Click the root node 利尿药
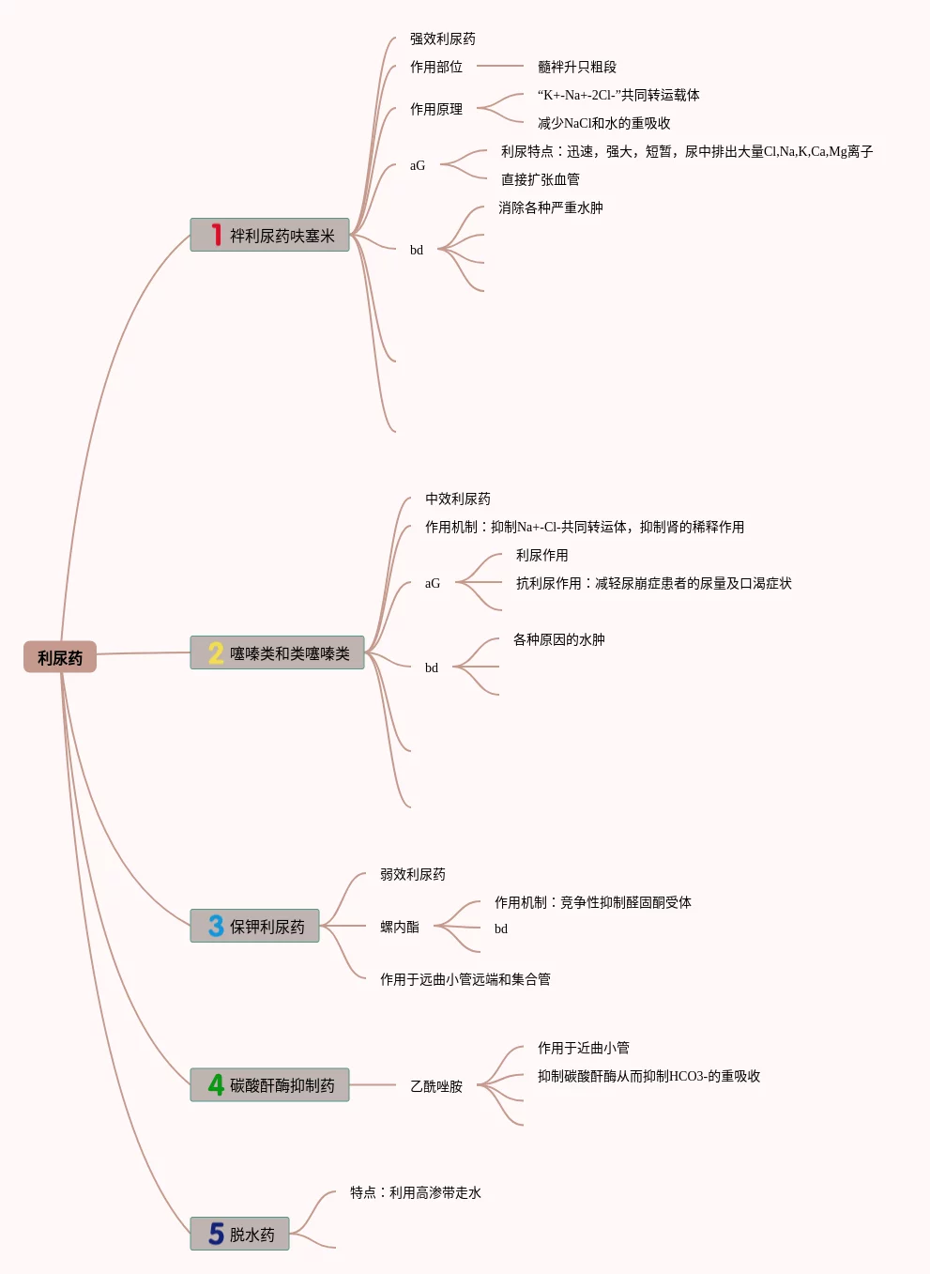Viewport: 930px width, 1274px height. [x=60, y=657]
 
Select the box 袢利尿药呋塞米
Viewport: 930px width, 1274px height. [x=269, y=235]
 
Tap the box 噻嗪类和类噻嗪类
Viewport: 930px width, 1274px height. [x=277, y=652]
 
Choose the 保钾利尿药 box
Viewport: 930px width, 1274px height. [x=254, y=926]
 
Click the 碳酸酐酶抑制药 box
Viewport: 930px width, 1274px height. [x=269, y=1084]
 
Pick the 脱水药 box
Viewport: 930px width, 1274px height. [x=239, y=1234]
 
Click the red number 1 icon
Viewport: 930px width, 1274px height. [x=216, y=235]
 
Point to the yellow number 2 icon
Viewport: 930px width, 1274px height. [x=216, y=652]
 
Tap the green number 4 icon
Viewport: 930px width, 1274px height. [x=216, y=1084]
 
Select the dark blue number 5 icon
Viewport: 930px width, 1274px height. [x=216, y=1234]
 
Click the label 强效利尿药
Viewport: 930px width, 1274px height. [x=443, y=38]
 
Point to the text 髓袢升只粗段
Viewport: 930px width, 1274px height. [x=577, y=67]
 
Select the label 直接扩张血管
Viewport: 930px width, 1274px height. [x=540, y=179]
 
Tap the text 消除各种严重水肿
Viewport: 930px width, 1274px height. [x=550, y=207]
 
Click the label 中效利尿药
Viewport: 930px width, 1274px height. [x=458, y=499]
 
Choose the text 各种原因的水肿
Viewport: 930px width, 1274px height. [x=558, y=639]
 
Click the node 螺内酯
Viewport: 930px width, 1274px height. [x=400, y=927]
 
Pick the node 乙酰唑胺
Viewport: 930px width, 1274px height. [x=436, y=1086]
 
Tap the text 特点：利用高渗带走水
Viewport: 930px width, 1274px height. [x=416, y=1192]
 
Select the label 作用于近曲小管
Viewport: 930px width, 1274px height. [x=583, y=1048]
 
